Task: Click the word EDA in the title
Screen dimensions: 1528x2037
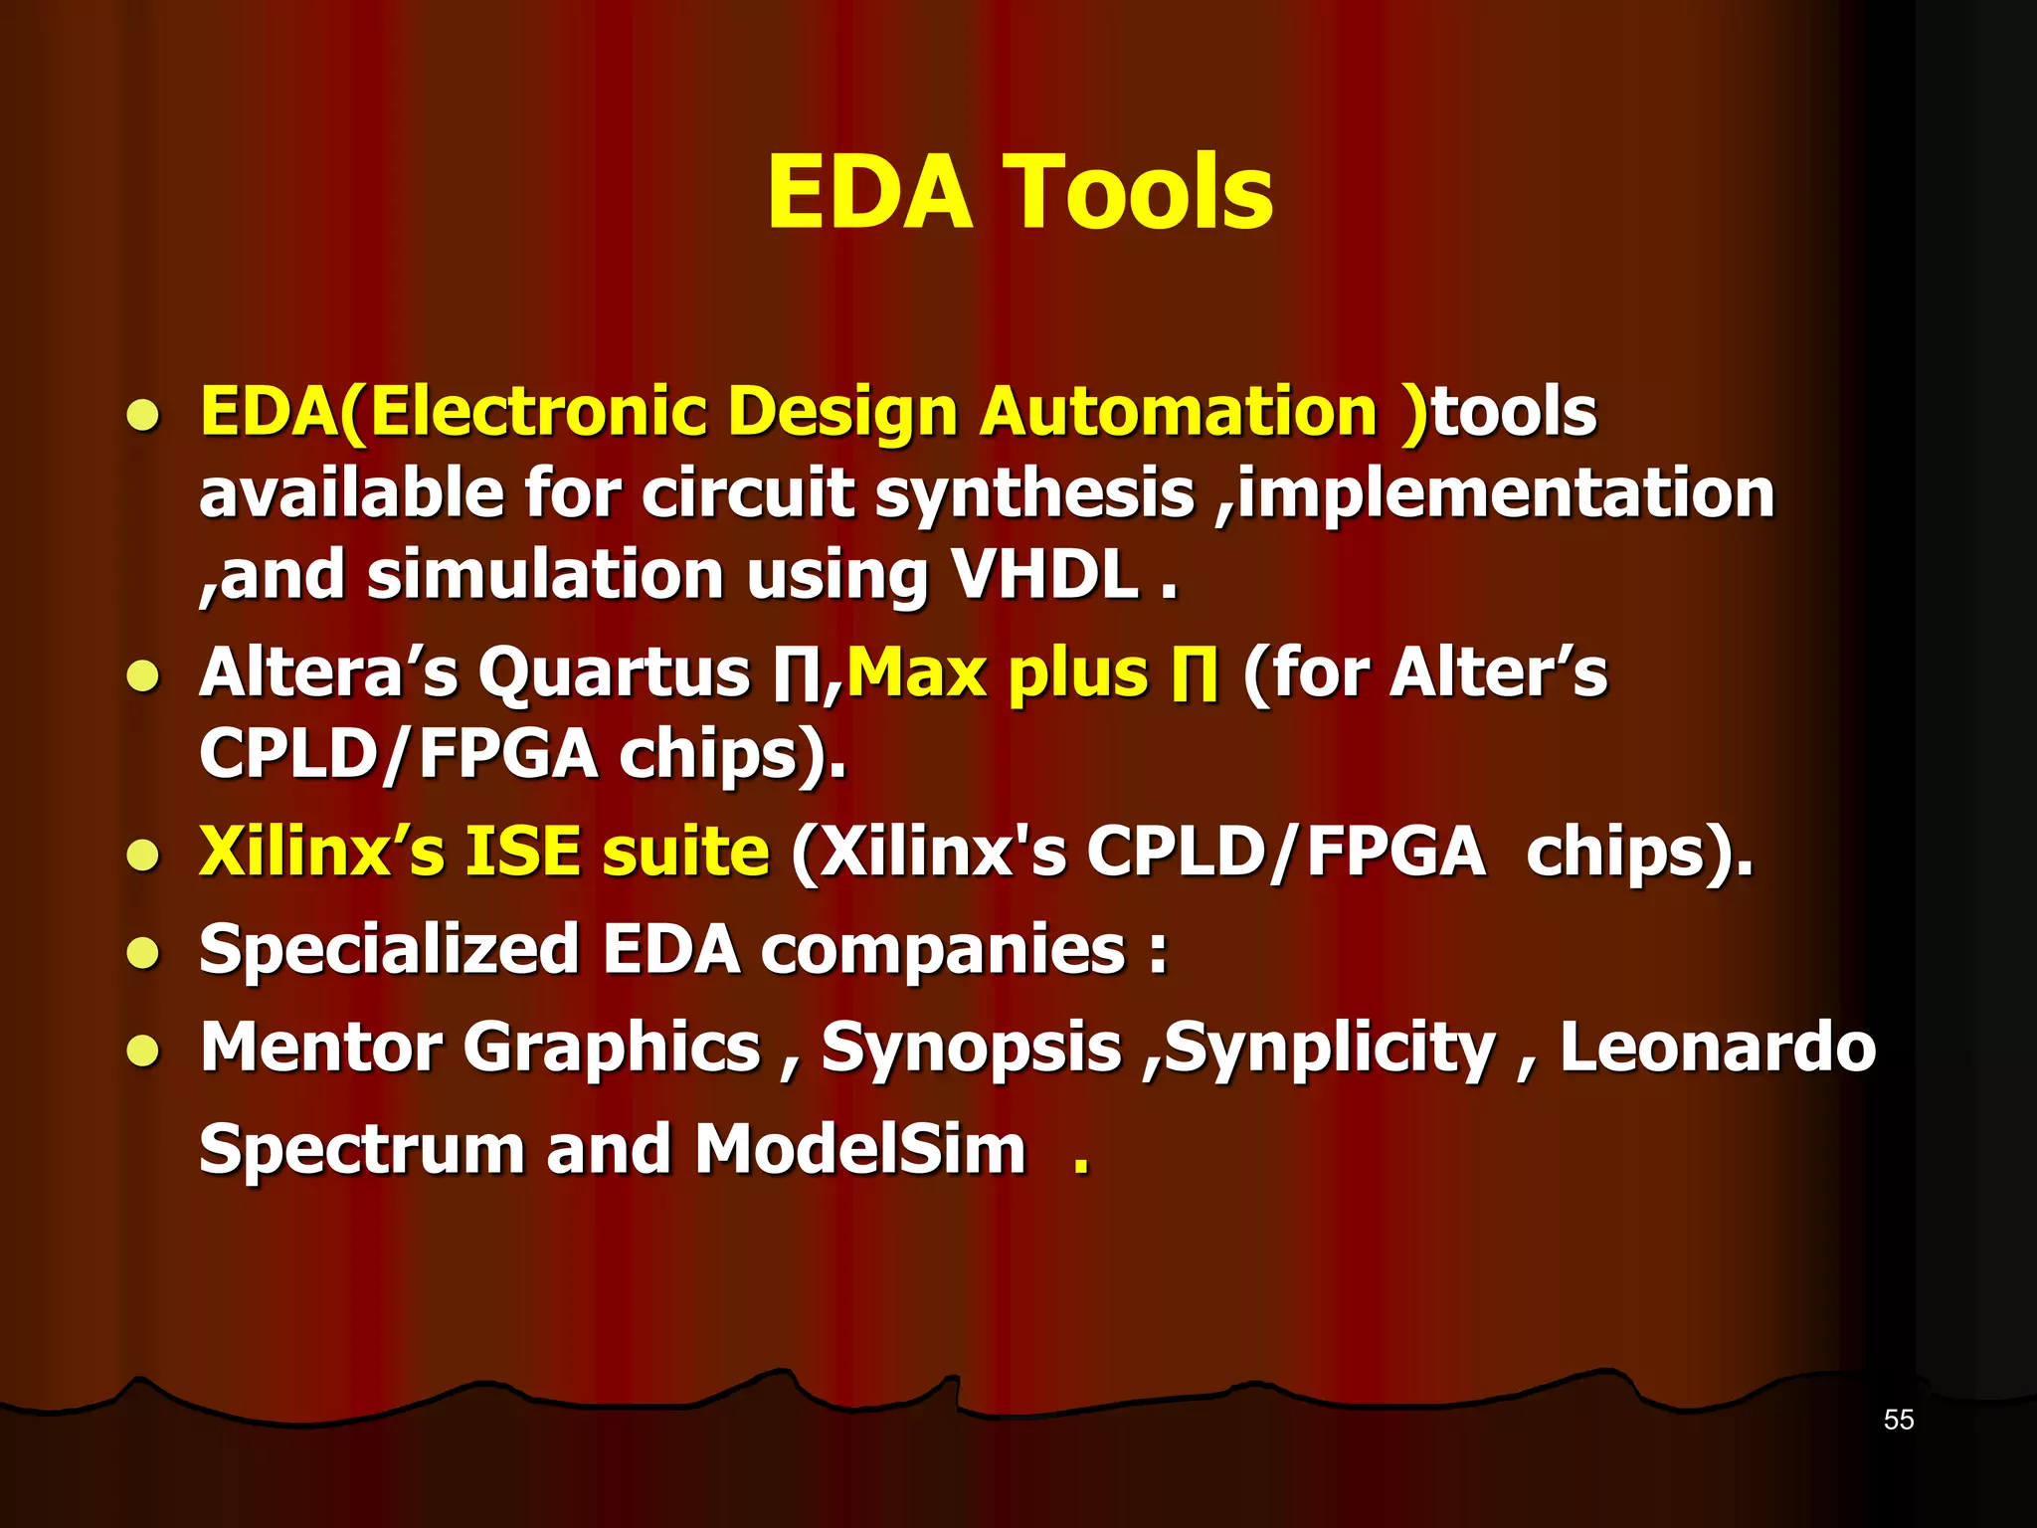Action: [868, 193]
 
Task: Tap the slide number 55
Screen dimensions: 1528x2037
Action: [1898, 1420]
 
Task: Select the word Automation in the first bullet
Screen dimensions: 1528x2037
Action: [1178, 412]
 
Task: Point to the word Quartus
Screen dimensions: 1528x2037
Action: [614, 673]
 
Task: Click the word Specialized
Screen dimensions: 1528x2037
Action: [389, 949]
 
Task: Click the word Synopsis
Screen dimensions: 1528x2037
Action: [971, 1050]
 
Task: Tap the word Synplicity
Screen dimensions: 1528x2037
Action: [1330, 1050]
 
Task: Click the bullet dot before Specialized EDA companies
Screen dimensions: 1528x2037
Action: [143, 953]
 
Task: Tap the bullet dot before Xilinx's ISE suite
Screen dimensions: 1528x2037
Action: [143, 856]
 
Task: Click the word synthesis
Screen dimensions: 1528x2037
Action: [1033, 495]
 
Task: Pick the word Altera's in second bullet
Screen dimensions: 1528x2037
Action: [328, 673]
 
